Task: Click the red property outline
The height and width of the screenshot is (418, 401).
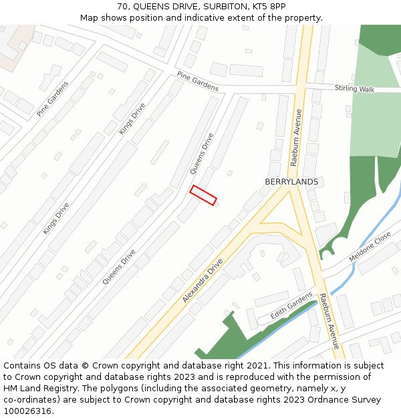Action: [203, 195]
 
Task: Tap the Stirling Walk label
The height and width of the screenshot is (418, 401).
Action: [355, 88]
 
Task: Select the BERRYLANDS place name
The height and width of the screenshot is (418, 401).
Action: [291, 182]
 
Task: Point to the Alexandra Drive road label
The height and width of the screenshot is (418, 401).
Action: [202, 282]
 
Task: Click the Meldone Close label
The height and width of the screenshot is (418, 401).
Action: [370, 247]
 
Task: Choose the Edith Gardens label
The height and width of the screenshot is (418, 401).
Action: [291, 305]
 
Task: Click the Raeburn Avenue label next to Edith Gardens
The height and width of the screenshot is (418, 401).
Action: [329, 321]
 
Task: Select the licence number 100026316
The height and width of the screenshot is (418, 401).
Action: [28, 411]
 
